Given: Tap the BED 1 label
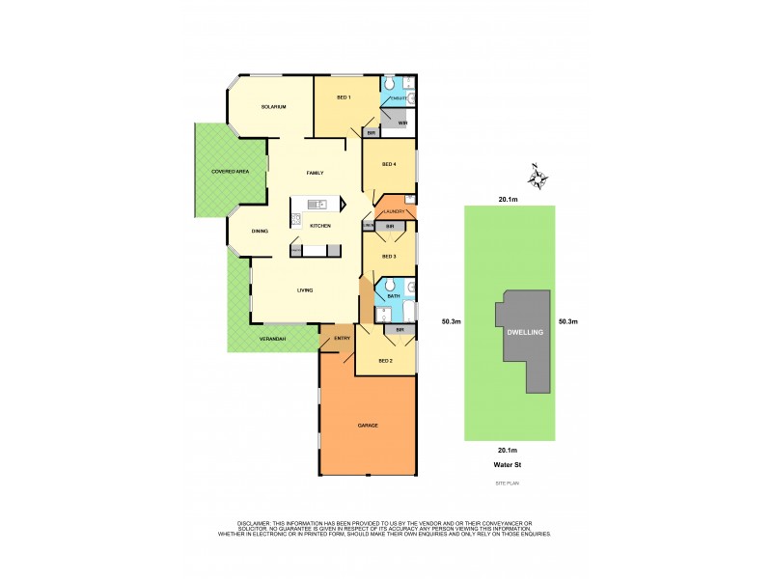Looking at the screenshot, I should point(344,97).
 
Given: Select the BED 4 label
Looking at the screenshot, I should point(389,164).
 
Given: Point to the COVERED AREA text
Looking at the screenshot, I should point(231,171).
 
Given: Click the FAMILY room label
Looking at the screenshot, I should point(315,173).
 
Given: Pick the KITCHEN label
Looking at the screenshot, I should point(320,226).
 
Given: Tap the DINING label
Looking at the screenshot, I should point(260,232).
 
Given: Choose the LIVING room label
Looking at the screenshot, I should point(305,289).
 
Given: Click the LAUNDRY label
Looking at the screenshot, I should point(392,211).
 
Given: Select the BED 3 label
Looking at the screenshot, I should point(389,257).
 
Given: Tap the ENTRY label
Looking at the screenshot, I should point(342,339).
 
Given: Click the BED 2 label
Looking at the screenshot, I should point(385,361).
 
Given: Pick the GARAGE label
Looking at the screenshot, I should point(367,426).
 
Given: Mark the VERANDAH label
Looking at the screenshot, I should point(273,339).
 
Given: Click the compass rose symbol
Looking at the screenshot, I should point(538,178).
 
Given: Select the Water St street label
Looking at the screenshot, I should point(508,463).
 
